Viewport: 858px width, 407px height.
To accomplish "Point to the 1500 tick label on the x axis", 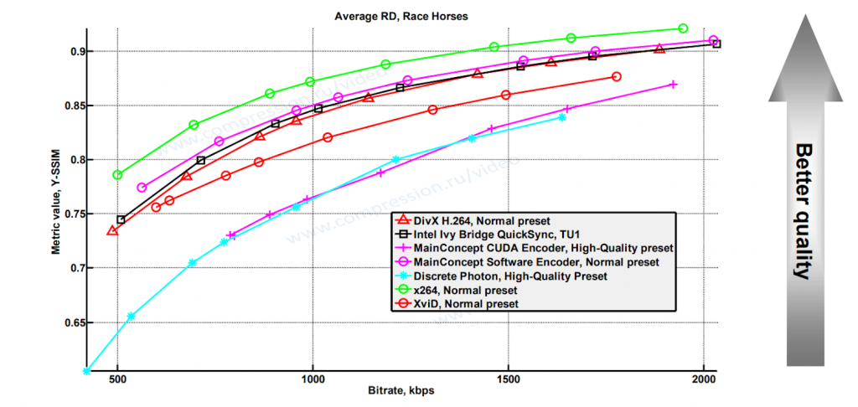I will [508, 380].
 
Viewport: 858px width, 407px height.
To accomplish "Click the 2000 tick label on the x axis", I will [703, 380].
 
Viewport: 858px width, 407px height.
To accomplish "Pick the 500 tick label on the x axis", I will [117, 380].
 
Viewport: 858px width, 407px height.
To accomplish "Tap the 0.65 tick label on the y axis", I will [74, 322].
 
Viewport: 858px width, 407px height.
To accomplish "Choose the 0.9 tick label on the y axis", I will [76, 52].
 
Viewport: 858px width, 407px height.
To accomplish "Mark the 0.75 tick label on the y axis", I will [74, 214].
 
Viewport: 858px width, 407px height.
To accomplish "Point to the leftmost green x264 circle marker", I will [117, 175].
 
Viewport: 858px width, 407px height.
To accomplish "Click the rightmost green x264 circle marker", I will [683, 28].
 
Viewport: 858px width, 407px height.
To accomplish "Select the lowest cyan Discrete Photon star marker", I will [86, 370].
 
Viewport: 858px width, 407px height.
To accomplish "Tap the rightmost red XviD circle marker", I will [617, 76].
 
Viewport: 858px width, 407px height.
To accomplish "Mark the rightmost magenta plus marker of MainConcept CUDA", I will [673, 85].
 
